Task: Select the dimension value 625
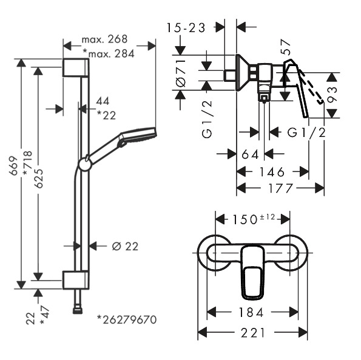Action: (x=39, y=178)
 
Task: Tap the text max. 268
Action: (x=104, y=39)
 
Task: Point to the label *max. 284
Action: (x=109, y=54)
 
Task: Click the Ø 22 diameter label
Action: (x=125, y=247)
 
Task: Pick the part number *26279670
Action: (x=127, y=320)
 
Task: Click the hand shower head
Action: (x=138, y=136)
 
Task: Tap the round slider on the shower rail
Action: (x=85, y=164)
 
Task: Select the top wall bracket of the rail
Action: (x=76, y=67)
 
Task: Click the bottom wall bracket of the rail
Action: (x=75, y=280)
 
